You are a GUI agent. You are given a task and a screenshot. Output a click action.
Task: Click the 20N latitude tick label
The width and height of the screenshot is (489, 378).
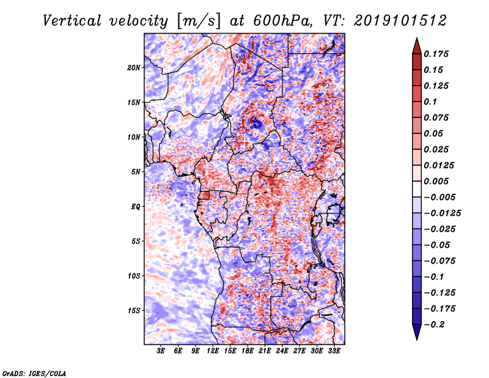(134, 68)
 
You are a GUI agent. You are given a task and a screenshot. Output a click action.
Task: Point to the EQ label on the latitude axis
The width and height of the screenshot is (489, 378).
(136, 207)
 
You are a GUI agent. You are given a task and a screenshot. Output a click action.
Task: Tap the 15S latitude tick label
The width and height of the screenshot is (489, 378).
(134, 311)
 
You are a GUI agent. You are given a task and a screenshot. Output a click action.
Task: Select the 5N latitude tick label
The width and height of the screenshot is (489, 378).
(136, 172)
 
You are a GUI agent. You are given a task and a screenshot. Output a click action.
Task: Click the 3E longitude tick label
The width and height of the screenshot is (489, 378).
(161, 351)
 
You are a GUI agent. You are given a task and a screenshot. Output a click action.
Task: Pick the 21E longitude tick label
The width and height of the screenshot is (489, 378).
(265, 351)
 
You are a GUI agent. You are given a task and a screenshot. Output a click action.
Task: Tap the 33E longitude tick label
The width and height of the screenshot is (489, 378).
(334, 351)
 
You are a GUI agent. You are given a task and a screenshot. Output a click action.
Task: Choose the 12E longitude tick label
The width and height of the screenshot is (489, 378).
(213, 351)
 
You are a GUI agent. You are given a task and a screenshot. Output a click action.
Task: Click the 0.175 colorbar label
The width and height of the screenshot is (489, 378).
(436, 54)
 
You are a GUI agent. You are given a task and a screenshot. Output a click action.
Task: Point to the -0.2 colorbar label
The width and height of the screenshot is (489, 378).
(434, 325)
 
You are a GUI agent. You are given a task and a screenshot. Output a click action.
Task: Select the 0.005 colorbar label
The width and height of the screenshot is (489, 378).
(436, 181)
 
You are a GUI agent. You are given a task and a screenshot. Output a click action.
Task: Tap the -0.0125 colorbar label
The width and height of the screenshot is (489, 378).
(442, 213)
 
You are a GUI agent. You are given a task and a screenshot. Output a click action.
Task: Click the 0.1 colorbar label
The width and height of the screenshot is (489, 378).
(430, 102)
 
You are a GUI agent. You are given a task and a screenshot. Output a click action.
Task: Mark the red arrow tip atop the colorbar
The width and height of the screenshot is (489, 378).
(417, 39)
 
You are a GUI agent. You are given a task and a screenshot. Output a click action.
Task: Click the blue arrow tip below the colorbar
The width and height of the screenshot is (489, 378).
(417, 339)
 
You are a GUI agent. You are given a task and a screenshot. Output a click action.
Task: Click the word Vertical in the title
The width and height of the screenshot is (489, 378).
(72, 21)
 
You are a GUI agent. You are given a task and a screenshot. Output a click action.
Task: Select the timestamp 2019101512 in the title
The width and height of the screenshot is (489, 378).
(400, 21)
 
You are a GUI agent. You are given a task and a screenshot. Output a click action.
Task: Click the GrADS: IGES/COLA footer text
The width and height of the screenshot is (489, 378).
(34, 373)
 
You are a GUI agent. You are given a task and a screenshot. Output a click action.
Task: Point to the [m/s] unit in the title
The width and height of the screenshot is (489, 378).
(199, 21)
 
